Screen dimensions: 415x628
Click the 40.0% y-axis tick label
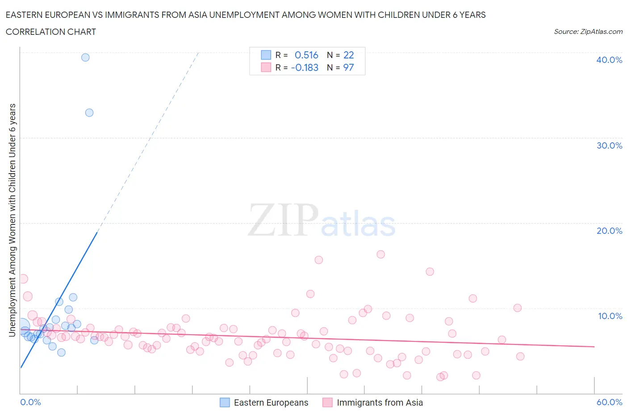[x=609, y=60]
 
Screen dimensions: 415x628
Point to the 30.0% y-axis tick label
[x=609, y=145]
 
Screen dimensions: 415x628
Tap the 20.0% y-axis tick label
[x=609, y=231]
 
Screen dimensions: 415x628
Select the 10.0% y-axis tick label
[x=610, y=316]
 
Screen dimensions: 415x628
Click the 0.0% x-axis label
[x=30, y=402]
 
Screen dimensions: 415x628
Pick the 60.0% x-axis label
[x=609, y=402]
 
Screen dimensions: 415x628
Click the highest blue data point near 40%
[x=85, y=58]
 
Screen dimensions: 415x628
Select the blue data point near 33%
[x=89, y=113]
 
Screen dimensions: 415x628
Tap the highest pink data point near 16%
[x=381, y=254]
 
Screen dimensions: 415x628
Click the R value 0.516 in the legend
[x=306, y=55]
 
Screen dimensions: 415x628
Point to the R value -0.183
[x=305, y=67]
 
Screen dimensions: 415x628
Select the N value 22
[x=348, y=55]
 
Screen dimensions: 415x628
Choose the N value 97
[x=348, y=67]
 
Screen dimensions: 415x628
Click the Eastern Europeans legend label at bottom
[x=271, y=403]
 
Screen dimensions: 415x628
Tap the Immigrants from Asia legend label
[x=380, y=403]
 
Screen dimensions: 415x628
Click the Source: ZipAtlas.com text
[x=588, y=31]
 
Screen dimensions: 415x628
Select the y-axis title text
[x=12, y=220]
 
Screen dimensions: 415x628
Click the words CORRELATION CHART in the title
[x=51, y=32]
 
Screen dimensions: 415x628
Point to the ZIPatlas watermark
[x=322, y=221]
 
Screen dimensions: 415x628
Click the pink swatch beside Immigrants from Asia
[x=327, y=403]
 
